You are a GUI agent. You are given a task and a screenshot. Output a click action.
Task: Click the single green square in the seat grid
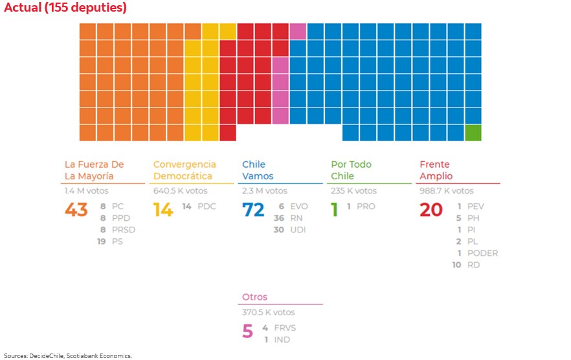click(473, 133)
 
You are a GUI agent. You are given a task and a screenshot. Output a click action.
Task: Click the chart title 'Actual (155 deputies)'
click(65, 8)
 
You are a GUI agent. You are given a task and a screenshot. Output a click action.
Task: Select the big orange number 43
click(76, 210)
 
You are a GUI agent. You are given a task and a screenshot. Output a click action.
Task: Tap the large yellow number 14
click(163, 210)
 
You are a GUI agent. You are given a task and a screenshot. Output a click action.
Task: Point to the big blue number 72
click(253, 210)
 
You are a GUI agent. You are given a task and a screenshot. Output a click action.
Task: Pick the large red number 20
click(431, 210)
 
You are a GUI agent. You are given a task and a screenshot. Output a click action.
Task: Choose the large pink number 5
click(247, 332)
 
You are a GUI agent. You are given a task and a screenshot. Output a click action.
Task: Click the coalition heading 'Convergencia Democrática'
click(185, 170)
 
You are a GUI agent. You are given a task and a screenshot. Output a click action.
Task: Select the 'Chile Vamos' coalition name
click(258, 170)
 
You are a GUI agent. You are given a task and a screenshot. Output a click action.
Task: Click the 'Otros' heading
click(254, 297)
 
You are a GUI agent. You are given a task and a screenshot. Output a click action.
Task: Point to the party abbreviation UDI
click(298, 230)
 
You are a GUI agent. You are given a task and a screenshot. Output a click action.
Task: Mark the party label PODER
click(482, 253)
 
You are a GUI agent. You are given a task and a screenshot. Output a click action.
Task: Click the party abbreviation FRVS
click(285, 328)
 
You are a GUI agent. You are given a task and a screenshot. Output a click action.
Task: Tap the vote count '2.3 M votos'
click(265, 191)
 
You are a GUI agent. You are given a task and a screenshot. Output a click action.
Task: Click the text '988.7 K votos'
click(447, 191)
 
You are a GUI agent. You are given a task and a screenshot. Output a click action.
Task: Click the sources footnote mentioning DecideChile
click(67, 355)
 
